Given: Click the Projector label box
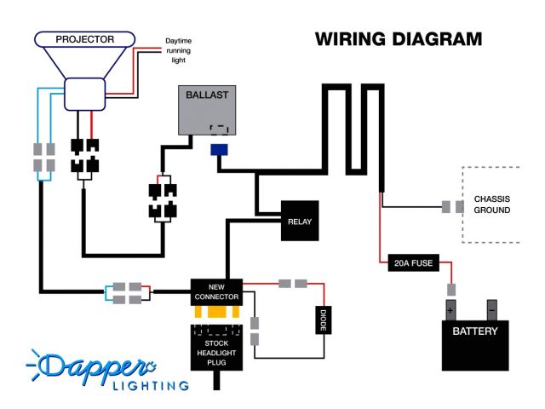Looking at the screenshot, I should (x=84, y=39).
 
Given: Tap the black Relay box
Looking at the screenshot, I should (x=299, y=222).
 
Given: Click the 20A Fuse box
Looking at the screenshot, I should (x=411, y=263).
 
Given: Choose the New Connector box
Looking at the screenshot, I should (x=215, y=291).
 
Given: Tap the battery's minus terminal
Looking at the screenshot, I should (x=491, y=308).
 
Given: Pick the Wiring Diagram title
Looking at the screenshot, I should (x=398, y=40).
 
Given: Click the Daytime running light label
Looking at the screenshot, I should (x=180, y=50).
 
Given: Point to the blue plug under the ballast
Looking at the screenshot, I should (x=219, y=150).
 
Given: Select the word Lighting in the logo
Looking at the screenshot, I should (x=151, y=385).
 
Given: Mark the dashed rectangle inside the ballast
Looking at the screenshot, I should (x=220, y=130).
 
